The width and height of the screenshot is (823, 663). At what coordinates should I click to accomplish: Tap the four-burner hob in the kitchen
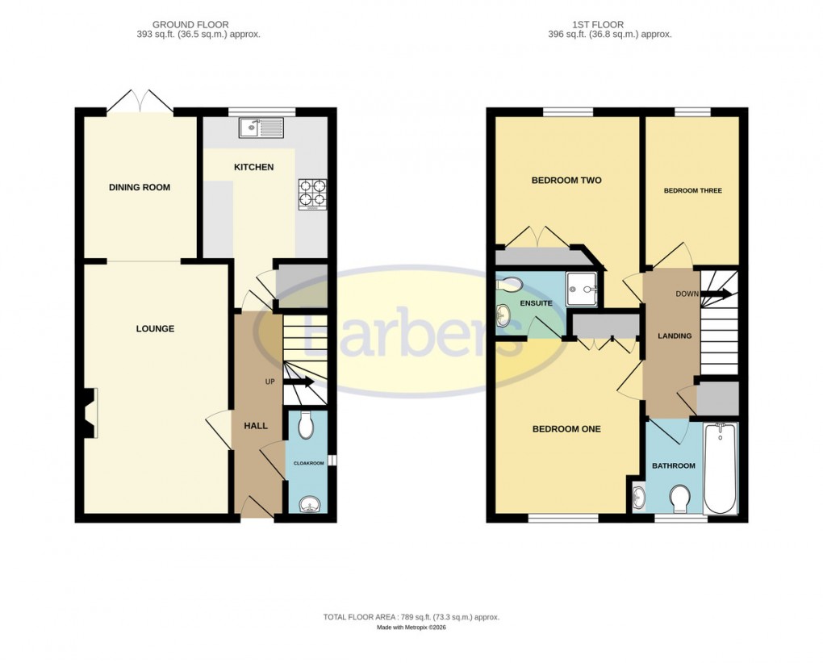coord(313,194)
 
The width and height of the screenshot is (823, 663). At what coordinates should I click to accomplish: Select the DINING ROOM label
coord(140,187)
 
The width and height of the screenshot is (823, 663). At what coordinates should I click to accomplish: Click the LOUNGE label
coord(155,329)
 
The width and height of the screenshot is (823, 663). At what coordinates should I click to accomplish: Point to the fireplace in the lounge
coord(90,413)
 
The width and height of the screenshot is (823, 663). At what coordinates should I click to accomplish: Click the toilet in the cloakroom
coord(306,425)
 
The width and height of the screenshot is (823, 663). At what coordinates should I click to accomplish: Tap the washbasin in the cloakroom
coord(308,505)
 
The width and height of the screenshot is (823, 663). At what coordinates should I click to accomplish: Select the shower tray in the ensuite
coord(582,288)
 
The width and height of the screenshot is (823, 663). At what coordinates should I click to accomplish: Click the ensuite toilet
coord(510,284)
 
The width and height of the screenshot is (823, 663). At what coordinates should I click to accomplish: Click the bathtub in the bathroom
coord(720,468)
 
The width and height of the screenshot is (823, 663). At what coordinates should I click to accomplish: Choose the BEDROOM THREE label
coord(692,191)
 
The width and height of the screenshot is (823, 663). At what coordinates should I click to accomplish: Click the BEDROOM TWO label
coord(566,181)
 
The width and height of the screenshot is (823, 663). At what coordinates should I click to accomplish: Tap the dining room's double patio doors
coord(140,102)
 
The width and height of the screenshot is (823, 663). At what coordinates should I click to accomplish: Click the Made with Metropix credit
coord(411,628)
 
